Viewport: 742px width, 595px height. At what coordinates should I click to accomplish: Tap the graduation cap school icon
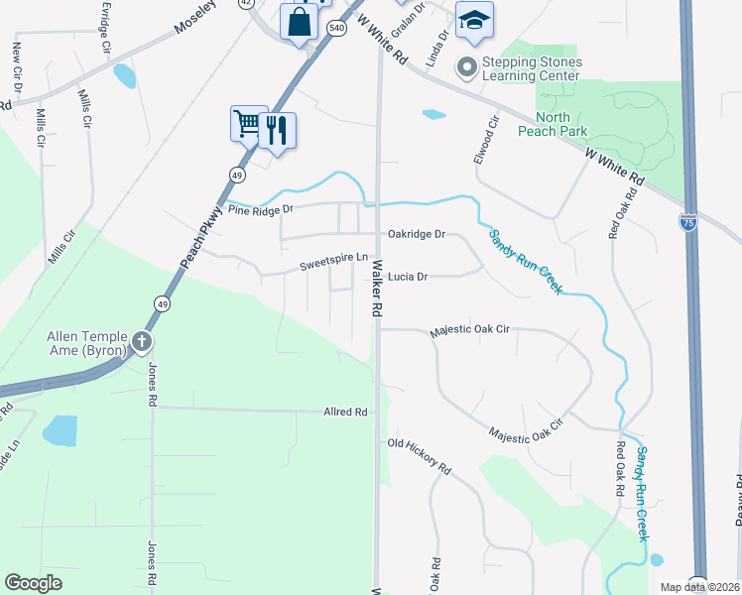point(474,21)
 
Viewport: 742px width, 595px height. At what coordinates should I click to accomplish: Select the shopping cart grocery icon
point(248,124)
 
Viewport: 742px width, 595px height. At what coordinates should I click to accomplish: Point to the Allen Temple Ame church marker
point(142,343)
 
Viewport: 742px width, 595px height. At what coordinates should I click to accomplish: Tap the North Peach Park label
point(553,124)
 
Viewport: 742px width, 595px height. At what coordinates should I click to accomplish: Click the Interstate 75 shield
point(689,222)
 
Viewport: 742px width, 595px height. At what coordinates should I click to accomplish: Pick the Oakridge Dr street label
point(417,235)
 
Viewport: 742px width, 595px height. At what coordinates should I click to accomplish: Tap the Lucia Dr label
point(407,277)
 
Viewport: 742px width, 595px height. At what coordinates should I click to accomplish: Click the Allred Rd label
point(345,412)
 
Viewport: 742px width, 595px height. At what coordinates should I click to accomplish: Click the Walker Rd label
point(377,288)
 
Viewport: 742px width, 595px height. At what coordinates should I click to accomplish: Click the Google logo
point(33,583)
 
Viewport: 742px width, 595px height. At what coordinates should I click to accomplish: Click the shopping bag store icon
point(299,20)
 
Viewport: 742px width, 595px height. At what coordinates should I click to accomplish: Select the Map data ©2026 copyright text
point(698,587)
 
